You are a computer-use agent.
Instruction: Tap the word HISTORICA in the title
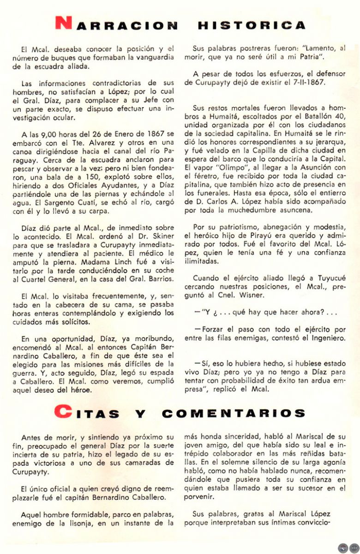tap(252, 25)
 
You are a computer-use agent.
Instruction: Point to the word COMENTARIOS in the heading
tap(234, 413)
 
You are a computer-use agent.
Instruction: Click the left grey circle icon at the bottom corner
tap(342, 548)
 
